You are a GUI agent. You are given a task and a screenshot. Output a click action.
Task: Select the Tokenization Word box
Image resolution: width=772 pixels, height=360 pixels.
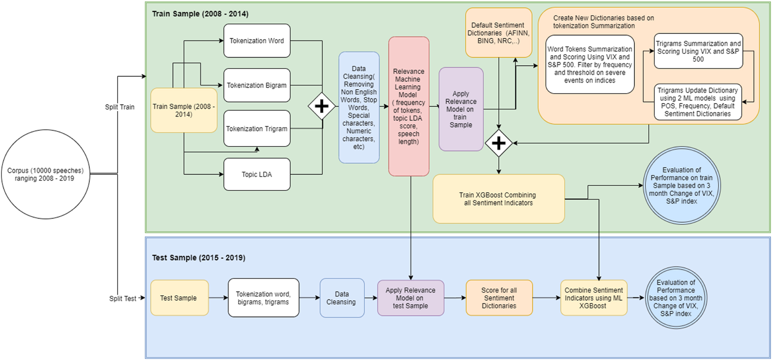point(257,41)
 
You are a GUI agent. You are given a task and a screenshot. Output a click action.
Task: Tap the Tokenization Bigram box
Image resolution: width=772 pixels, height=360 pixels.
point(257,85)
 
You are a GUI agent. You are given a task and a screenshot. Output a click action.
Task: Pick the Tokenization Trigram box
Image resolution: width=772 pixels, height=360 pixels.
point(257,129)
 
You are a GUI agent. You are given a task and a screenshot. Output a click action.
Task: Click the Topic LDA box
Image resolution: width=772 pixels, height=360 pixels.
point(257,174)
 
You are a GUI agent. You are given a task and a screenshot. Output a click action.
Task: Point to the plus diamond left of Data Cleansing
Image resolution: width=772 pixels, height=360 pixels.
point(322,106)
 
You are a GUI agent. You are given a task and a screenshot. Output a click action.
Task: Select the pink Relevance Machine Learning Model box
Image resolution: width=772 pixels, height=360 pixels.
point(408,106)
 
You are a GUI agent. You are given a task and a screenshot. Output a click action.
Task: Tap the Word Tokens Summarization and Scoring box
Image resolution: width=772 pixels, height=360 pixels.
point(590,64)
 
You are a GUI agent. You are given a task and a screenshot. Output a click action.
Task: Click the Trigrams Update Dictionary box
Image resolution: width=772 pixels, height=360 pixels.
point(697,102)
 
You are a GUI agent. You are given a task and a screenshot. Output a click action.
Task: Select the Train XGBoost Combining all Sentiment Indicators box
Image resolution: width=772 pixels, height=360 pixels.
point(498,199)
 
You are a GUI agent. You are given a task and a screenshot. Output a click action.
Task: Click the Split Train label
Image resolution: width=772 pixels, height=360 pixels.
point(120,107)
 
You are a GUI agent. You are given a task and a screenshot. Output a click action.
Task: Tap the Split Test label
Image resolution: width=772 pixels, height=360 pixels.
point(123,298)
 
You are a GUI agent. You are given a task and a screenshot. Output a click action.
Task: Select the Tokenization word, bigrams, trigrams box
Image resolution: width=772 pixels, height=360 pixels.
point(263,298)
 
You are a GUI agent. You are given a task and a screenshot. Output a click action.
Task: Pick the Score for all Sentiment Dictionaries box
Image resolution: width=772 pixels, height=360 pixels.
point(499,298)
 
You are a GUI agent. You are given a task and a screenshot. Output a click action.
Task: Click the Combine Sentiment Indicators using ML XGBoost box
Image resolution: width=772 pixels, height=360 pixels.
point(593,298)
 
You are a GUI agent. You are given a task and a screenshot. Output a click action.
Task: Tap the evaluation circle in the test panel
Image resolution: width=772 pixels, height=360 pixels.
point(676,298)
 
